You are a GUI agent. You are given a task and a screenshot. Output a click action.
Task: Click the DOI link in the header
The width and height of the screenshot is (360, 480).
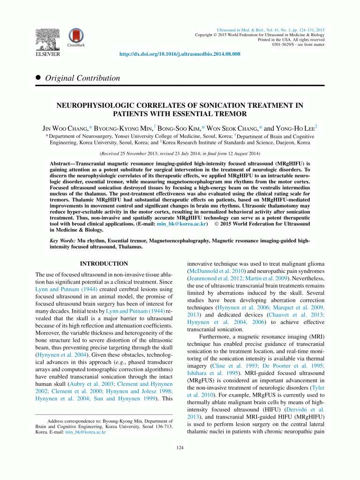point(180,54)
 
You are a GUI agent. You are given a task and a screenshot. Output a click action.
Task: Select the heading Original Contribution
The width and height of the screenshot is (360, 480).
point(82,78)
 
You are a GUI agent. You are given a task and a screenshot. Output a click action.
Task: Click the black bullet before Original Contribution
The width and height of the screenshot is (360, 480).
point(38,78)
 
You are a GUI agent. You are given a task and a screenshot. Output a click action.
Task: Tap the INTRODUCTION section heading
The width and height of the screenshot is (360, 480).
point(104,264)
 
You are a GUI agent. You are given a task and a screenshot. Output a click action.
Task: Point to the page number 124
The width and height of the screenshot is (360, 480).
point(180,449)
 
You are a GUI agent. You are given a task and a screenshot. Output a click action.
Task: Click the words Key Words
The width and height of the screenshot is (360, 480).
point(62,240)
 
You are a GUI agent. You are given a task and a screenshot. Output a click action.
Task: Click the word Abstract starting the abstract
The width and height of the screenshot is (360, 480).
point(62,164)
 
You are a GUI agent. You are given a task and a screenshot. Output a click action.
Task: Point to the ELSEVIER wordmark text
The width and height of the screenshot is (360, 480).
point(47,54)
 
